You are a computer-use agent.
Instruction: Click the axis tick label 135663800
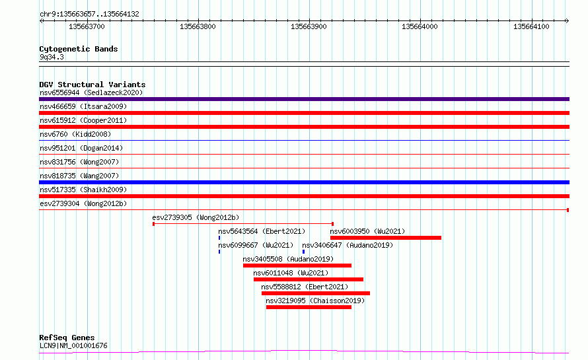click(x=198, y=26)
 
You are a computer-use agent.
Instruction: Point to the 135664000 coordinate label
click(x=420, y=26)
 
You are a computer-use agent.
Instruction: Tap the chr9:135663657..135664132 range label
click(x=89, y=15)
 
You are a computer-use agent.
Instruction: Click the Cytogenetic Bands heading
click(x=79, y=49)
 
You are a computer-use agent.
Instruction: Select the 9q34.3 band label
click(x=52, y=57)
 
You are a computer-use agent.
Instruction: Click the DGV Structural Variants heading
click(x=92, y=85)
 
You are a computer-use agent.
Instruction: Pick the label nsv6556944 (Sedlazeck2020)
click(x=91, y=92)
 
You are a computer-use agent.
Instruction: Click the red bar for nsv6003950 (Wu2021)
click(x=385, y=238)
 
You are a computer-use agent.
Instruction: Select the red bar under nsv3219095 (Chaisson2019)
click(x=309, y=307)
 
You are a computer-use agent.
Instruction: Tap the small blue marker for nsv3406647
click(x=303, y=252)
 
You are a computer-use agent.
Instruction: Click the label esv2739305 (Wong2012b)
click(x=196, y=217)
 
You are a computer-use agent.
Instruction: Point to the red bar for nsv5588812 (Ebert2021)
click(x=316, y=293)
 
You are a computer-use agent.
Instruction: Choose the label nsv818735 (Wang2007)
click(x=79, y=176)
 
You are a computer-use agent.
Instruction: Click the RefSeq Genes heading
click(x=67, y=338)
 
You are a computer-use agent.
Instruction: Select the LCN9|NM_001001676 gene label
click(x=73, y=345)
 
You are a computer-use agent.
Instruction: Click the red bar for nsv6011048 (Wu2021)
click(x=309, y=279)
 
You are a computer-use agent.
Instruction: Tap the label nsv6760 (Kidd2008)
click(x=75, y=134)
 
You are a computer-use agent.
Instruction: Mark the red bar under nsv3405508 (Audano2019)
click(x=297, y=266)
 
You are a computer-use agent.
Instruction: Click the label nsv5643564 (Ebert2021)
click(x=262, y=231)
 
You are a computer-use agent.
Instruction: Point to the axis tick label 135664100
click(x=531, y=26)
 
